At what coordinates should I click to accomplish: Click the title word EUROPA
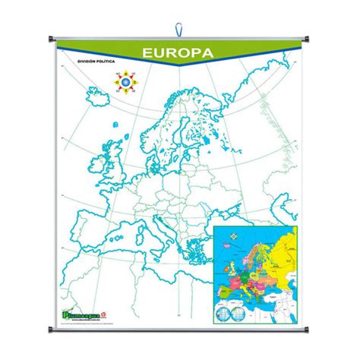(179, 53)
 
